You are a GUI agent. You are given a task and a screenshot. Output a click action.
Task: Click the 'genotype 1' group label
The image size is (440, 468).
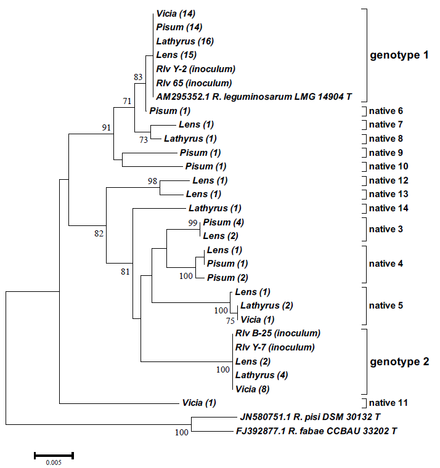[x=399, y=55]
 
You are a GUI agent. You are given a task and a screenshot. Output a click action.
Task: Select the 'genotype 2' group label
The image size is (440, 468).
[x=399, y=361]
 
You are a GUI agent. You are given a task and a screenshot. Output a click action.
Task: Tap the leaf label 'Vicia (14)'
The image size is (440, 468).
[x=176, y=13]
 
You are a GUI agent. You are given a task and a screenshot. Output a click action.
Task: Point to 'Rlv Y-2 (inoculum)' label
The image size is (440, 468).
[x=195, y=68]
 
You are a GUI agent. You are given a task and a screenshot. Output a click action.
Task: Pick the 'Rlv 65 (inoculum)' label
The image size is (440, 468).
[x=194, y=83]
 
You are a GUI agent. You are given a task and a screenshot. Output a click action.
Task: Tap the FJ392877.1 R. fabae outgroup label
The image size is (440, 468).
[x=316, y=431]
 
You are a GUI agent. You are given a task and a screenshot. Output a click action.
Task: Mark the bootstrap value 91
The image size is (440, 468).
[x=106, y=127]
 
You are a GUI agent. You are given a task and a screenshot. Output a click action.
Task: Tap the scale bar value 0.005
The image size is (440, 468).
[x=54, y=462]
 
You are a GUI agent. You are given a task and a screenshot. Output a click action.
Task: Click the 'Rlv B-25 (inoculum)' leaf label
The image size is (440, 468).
[x=277, y=333]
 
